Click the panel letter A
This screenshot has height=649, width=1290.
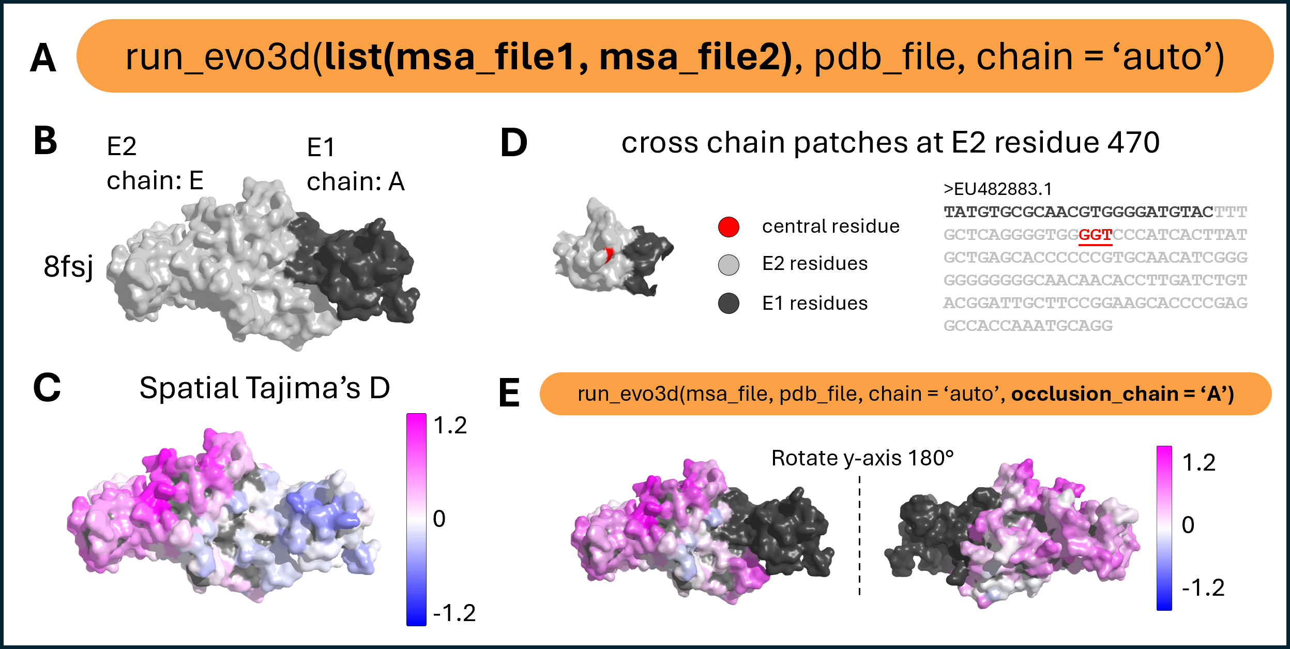click(43, 58)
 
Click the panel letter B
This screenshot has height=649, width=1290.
click(45, 141)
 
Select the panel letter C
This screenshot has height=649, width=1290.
click(47, 387)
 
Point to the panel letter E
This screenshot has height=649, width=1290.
click(509, 394)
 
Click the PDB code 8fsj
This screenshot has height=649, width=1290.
click(68, 267)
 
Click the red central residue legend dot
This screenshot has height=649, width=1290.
click(729, 227)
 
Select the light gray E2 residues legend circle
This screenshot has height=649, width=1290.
click(729, 265)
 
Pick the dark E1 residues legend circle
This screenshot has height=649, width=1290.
click(729, 304)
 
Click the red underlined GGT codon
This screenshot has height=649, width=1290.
click(1095, 235)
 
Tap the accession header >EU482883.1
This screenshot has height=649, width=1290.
click(997, 189)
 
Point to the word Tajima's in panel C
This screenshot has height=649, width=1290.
click(302, 388)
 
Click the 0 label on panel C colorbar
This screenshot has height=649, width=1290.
click(439, 519)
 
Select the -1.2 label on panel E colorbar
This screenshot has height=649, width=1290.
click(1203, 588)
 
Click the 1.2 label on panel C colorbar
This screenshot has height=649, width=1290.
click(450, 426)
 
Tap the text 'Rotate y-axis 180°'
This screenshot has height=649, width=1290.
click(862, 458)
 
